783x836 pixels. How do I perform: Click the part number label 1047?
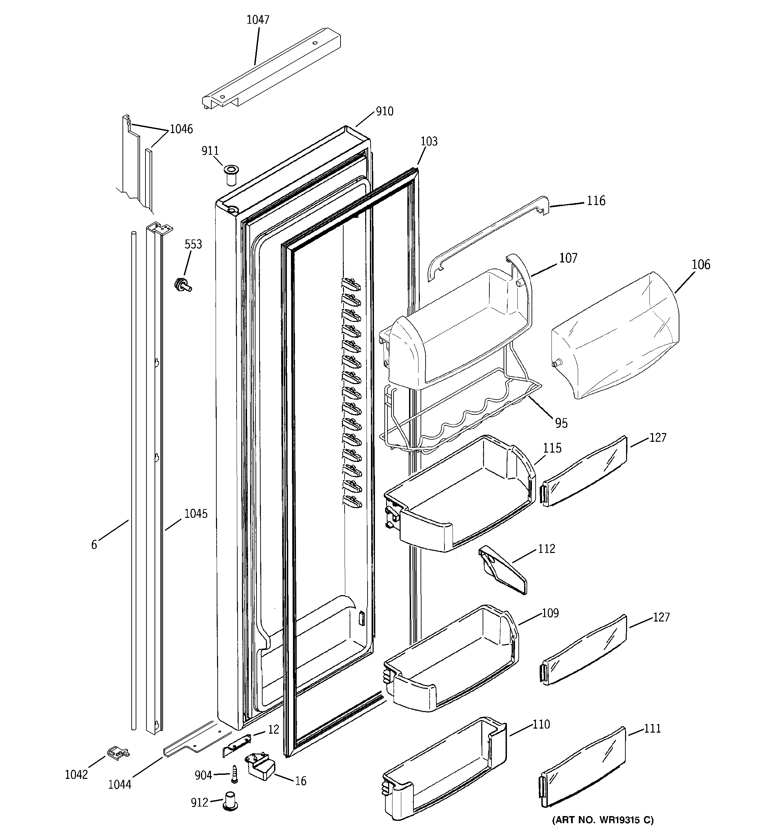[x=258, y=20]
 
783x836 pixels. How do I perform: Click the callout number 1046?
[x=181, y=129]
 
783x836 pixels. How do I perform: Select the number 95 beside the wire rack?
[x=561, y=423]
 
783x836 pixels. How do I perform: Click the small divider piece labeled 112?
[x=502, y=570]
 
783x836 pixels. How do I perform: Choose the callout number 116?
[x=596, y=201]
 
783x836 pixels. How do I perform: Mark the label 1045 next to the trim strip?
[x=196, y=513]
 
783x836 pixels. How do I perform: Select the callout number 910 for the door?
[x=384, y=111]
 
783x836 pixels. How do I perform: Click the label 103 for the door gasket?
[x=429, y=141]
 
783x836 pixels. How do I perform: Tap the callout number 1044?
[x=120, y=784]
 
